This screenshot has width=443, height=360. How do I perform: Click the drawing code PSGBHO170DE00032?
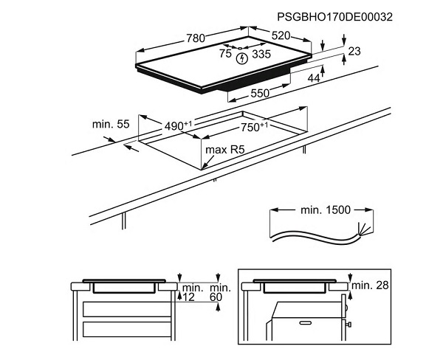334,17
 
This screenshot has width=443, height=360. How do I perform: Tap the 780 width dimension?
196,38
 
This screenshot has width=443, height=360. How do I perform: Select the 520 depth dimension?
281,35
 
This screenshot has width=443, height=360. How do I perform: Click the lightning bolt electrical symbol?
242,59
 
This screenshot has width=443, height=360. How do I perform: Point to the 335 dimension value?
261,54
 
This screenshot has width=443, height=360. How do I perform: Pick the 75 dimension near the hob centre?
225,54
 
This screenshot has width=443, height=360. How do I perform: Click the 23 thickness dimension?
354,52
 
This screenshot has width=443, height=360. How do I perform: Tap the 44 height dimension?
314,78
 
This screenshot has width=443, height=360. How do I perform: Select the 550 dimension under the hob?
260,93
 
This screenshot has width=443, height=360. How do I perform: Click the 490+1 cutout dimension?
178,126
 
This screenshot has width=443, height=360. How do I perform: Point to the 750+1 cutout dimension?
254,127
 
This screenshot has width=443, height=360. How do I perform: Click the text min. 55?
111,124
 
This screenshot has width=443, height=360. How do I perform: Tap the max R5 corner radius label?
225,150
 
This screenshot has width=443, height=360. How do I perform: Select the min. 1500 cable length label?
326,210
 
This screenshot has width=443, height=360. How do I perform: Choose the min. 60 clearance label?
220,293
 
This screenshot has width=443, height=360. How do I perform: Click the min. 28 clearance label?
370,285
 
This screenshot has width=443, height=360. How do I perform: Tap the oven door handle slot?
306,322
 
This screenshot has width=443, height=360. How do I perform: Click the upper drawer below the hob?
127,309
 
